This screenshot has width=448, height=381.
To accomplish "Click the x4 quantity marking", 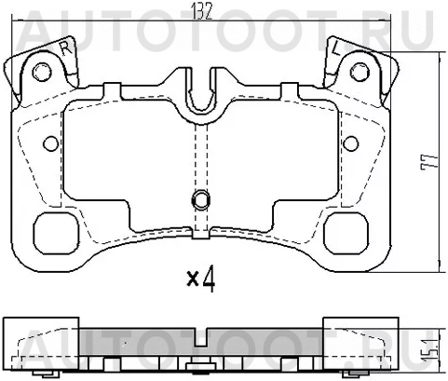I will point(201,279).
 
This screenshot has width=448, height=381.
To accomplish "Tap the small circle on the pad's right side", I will point(350,143).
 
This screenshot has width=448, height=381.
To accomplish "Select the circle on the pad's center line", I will point(199,198).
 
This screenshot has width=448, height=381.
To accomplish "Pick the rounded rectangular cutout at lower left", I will point(59,228).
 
